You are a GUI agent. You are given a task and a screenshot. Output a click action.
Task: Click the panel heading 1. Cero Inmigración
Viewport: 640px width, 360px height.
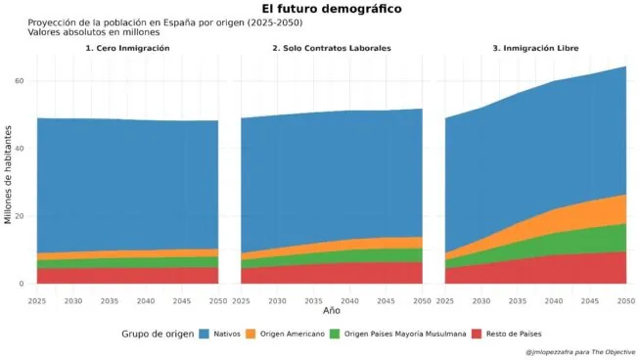pyautogui.click(x=127, y=48)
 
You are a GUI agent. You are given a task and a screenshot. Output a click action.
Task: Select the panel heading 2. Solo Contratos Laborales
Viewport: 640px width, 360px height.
pyautogui.click(x=332, y=48)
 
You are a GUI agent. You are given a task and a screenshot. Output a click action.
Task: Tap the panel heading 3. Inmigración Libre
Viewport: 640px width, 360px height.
pyautogui.click(x=535, y=48)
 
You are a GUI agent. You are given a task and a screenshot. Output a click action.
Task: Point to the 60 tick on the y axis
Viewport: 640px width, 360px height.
pyautogui.click(x=19, y=81)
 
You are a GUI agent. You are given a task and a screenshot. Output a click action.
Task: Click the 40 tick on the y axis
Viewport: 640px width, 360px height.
pyautogui.click(x=19, y=149)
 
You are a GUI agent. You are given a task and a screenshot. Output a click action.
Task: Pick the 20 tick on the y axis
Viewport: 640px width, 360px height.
pyautogui.click(x=19, y=216)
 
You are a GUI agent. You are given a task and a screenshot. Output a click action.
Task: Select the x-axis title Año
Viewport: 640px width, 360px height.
pyautogui.click(x=332, y=310)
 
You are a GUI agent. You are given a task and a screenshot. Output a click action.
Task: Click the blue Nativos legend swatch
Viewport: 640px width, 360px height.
pyautogui.click(x=205, y=335)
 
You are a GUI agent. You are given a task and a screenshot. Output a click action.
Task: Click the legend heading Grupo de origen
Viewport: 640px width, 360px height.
pyautogui.click(x=157, y=335)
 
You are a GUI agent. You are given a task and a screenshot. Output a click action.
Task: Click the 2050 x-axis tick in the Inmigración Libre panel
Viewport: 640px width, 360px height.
pyautogui.click(x=624, y=300)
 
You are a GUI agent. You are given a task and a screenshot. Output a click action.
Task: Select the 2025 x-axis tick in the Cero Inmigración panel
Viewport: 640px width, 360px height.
pyautogui.click(x=37, y=300)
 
